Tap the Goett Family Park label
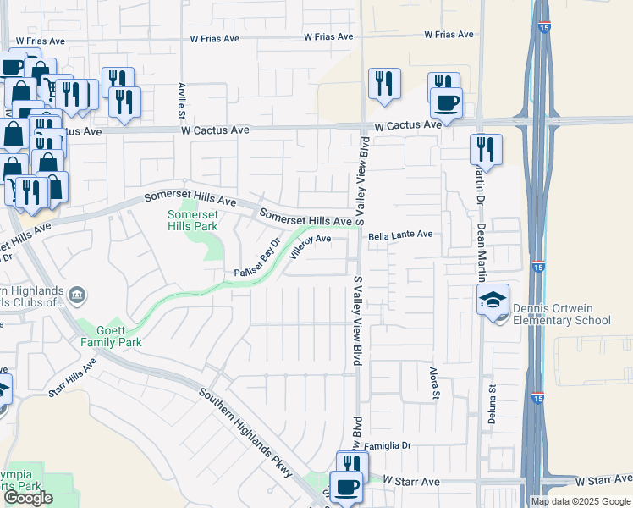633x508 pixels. tap(110, 336)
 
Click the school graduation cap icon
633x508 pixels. tap(493, 301)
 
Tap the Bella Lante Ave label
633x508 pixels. tap(399, 234)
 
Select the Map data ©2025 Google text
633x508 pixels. tap(581, 501)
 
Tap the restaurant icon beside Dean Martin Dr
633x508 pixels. tap(485, 149)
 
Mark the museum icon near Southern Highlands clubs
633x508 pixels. tap(77, 295)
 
